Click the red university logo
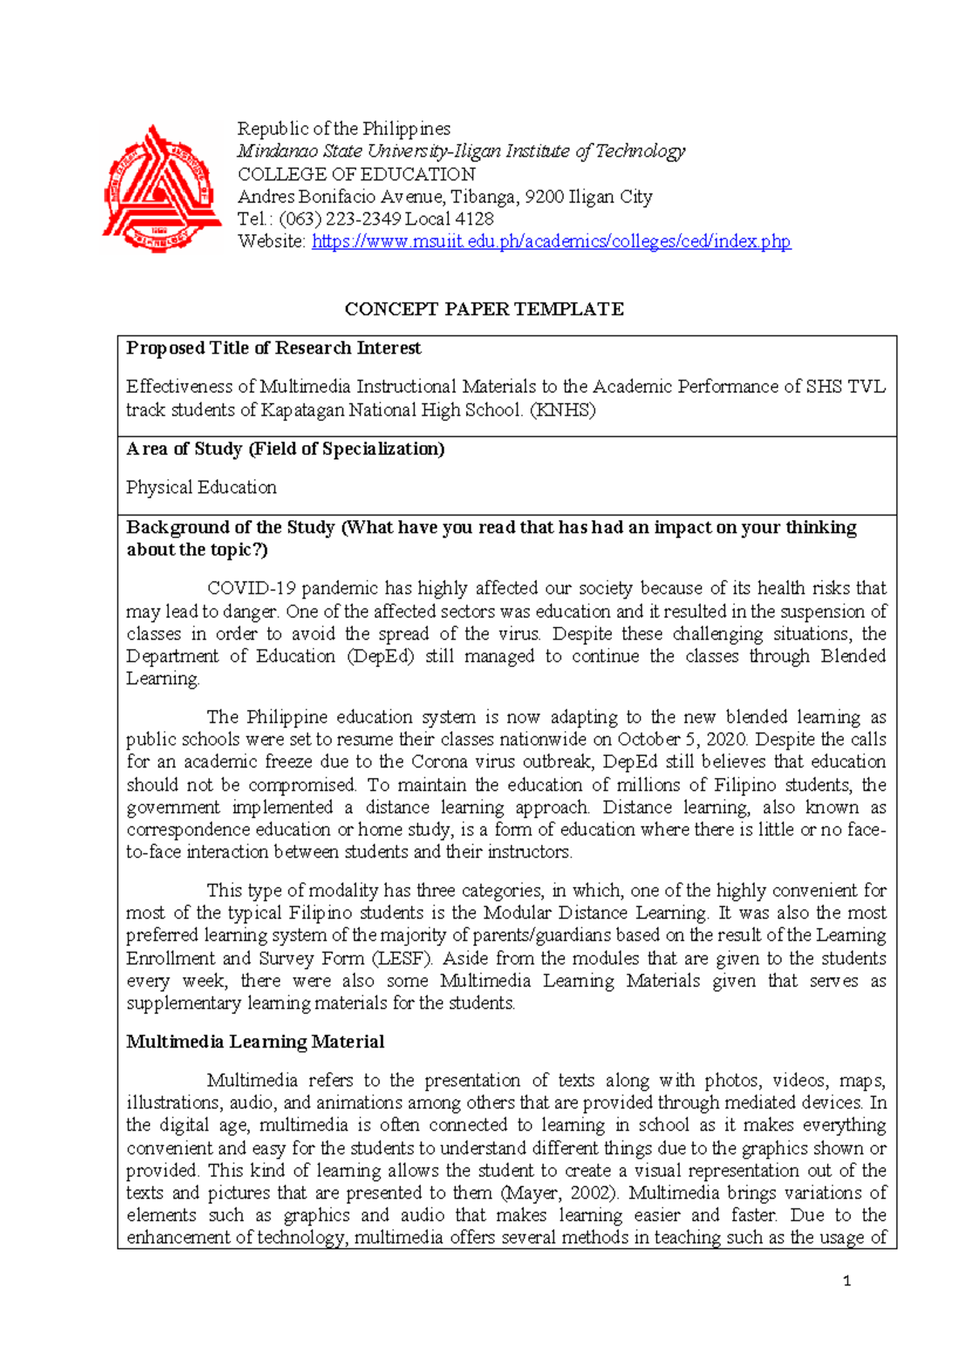tap(161, 188)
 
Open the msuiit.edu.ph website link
tap(551, 241)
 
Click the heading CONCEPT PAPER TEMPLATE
tap(484, 309)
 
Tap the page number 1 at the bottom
tap(846, 1280)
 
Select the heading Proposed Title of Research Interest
tap(274, 348)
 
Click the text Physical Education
tap(201, 487)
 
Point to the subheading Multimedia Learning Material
tap(255, 1041)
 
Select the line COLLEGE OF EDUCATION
tap(356, 174)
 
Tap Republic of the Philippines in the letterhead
tap(343, 128)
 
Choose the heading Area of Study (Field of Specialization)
tap(285, 449)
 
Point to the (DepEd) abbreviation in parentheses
tap(380, 656)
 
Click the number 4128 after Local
tap(474, 218)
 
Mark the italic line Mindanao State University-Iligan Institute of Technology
tap(460, 151)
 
